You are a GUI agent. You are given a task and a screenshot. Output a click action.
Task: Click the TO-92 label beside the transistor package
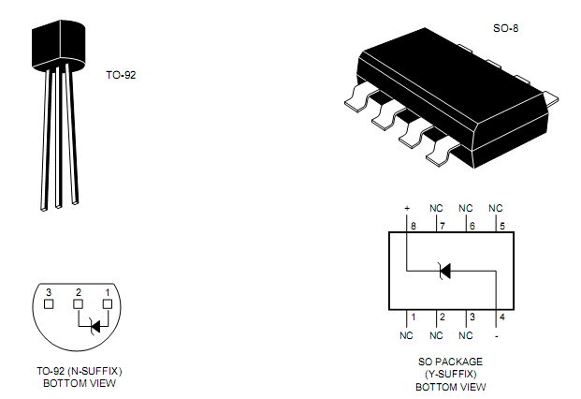point(123,74)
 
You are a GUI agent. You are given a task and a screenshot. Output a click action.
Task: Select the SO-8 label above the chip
point(505,29)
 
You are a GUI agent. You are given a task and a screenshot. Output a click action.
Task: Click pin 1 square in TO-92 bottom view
point(108,303)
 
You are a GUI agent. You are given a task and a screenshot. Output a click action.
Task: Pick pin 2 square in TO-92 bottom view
point(79,303)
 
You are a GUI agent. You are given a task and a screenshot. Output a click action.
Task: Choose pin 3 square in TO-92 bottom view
point(49,303)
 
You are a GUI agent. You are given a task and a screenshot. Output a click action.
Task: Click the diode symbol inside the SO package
point(444,272)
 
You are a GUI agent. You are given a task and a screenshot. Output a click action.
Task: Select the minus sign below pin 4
point(496,334)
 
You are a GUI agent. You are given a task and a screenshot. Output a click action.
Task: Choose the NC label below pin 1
point(406,334)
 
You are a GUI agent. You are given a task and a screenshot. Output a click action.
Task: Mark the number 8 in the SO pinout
point(413,226)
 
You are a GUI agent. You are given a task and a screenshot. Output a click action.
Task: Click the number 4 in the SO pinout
point(502,317)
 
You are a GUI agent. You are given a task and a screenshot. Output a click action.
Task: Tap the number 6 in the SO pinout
point(472,226)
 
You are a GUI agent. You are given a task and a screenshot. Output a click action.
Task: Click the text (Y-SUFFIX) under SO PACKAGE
point(450,373)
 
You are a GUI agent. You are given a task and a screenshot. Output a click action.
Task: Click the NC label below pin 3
point(466,334)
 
